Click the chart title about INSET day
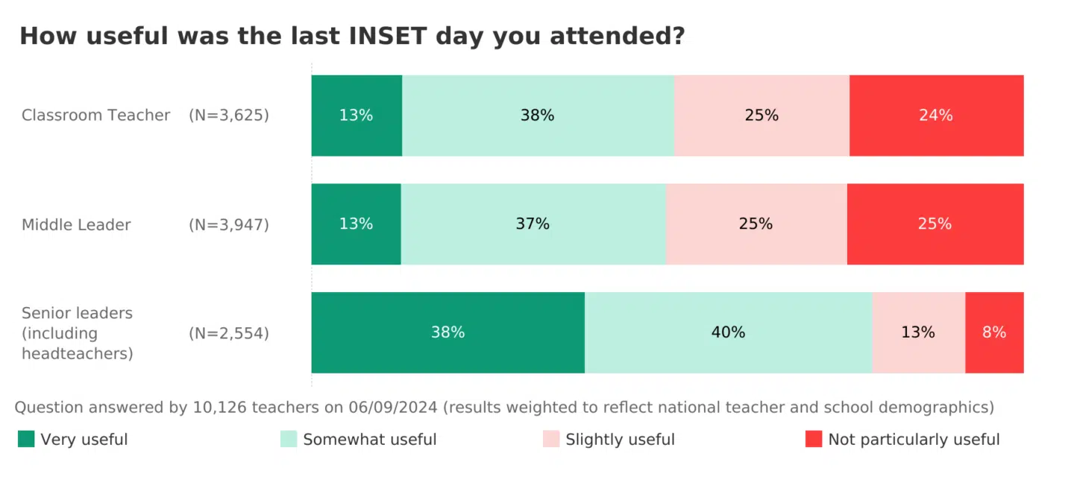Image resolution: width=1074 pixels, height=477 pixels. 351,37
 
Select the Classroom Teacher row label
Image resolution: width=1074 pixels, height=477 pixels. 95,116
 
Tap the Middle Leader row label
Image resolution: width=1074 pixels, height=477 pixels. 76,224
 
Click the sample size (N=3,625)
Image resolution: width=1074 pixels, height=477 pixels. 228,116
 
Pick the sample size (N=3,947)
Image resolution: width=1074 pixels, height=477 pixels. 228,224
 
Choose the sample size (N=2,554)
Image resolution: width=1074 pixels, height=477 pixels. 228,333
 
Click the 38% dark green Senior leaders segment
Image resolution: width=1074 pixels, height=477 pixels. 447,332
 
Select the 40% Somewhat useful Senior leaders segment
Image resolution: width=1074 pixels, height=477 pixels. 728,332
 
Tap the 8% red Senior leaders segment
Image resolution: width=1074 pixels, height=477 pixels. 994,332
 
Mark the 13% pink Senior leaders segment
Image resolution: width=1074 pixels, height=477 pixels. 918,332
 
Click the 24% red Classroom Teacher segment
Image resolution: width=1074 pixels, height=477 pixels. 936,116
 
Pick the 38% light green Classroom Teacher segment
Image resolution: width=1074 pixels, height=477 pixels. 538,116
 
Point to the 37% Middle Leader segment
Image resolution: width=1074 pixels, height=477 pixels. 533,224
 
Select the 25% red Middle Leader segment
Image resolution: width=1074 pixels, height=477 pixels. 935,224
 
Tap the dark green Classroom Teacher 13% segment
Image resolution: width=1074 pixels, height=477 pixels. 356,116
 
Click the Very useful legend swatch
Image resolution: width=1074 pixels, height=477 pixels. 27,440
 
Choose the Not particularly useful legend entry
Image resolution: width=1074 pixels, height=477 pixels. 914,440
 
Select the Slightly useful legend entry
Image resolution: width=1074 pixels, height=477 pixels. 620,440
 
